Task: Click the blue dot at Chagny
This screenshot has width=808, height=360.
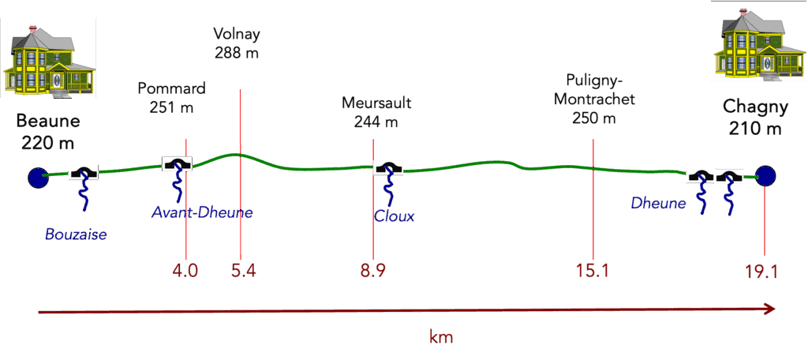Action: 765,177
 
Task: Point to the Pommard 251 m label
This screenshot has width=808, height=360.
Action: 171,97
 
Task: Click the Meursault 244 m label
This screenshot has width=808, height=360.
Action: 376,112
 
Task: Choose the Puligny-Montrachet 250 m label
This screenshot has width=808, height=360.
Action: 594,99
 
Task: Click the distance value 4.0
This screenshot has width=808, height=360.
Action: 185,271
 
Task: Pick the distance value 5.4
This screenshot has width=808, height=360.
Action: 243,271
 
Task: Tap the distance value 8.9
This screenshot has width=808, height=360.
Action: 373,271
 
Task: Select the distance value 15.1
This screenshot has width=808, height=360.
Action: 593,271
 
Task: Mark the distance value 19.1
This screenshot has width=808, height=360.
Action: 762,272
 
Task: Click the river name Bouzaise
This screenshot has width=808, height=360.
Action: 75,234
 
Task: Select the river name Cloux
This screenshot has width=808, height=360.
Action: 395,216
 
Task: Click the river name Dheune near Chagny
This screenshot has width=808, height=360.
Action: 658,204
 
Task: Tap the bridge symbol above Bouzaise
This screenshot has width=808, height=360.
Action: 83,172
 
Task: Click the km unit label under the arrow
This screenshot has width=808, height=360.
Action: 441,337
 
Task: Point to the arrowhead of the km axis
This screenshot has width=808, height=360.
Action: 769,309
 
